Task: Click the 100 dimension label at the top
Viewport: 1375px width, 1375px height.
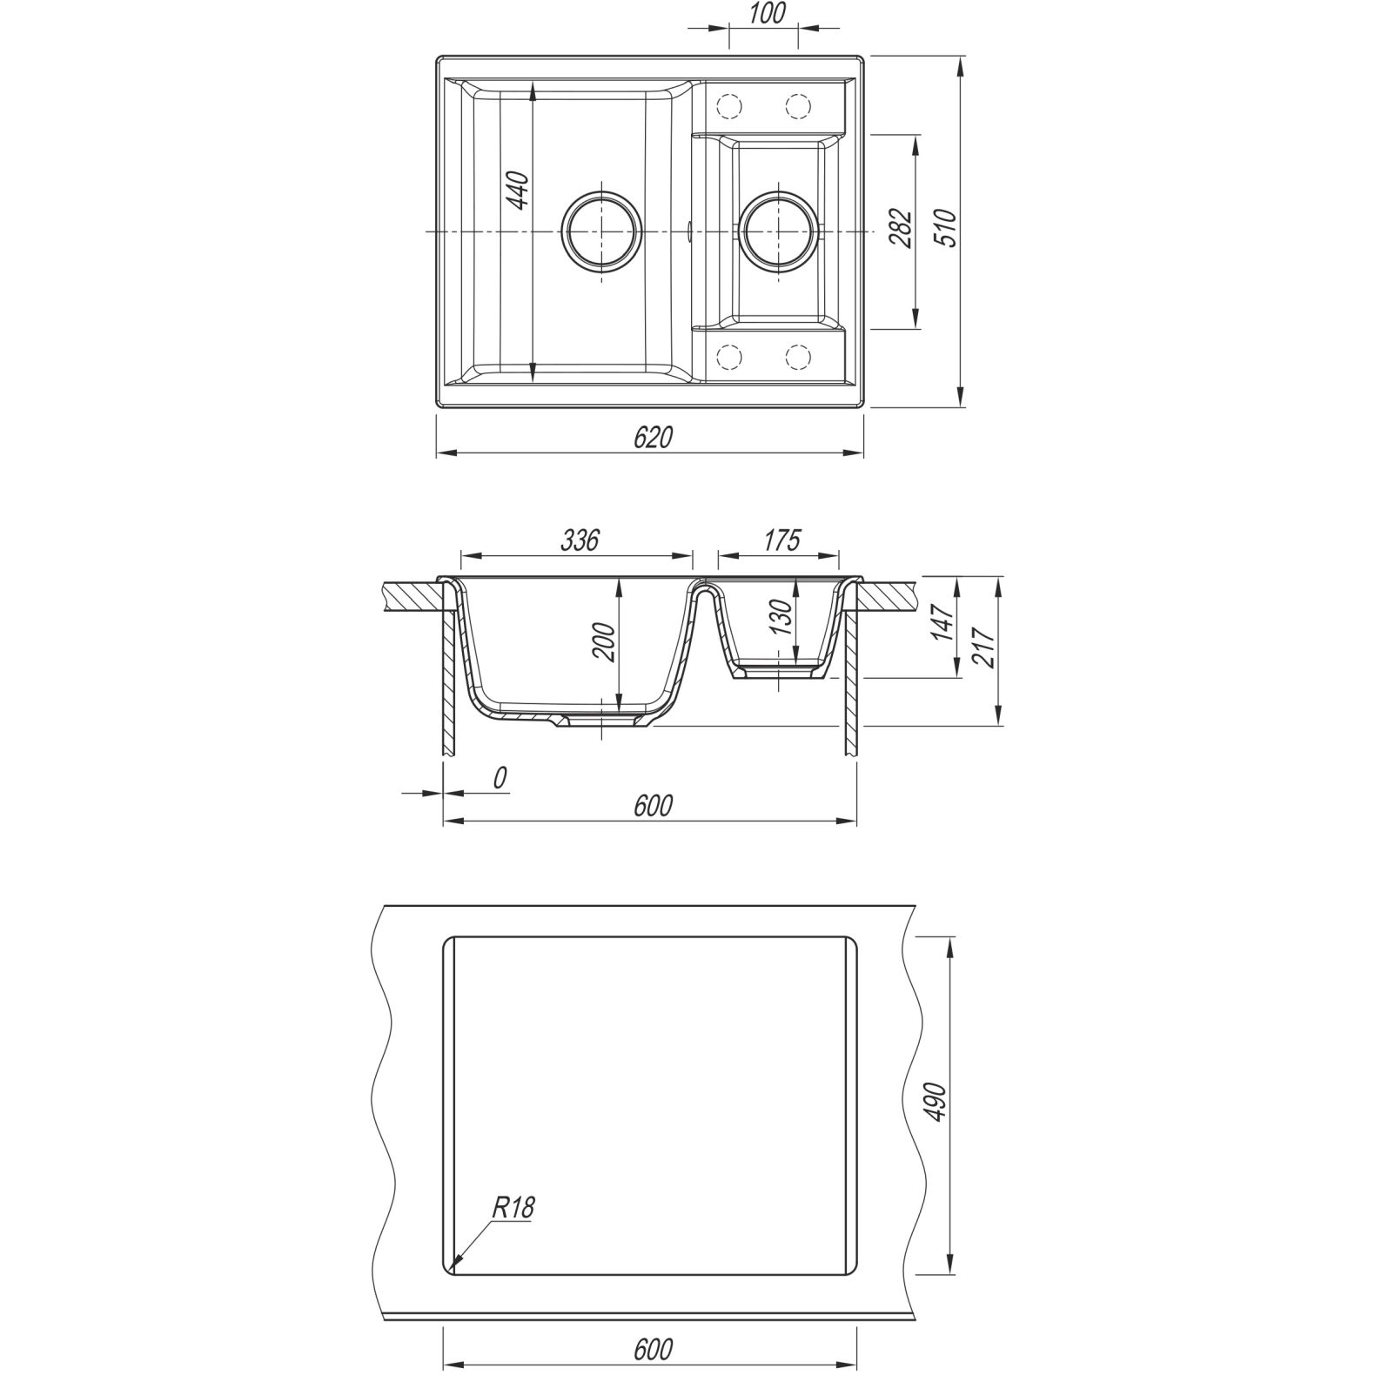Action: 766,14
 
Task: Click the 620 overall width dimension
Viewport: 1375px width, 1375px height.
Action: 653,438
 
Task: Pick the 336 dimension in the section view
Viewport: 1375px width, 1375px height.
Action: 580,540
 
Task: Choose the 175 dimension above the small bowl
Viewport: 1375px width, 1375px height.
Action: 781,540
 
